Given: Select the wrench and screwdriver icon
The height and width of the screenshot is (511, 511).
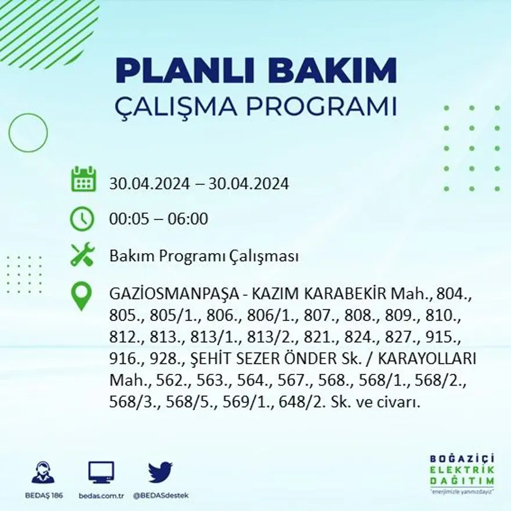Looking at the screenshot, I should click(x=82, y=255).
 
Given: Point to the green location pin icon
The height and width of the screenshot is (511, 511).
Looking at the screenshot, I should click(x=82, y=295).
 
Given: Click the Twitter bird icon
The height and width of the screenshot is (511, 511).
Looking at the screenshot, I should click(x=160, y=473).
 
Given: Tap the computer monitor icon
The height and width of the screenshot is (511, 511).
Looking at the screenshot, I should click(x=101, y=473).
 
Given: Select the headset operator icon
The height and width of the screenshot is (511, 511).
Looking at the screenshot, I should click(x=43, y=473).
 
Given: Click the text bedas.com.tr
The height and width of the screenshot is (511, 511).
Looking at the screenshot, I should click(x=101, y=495).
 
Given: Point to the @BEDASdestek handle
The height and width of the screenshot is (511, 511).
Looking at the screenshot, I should click(x=160, y=495).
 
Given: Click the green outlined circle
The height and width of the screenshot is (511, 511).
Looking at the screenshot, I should click(x=28, y=133).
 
